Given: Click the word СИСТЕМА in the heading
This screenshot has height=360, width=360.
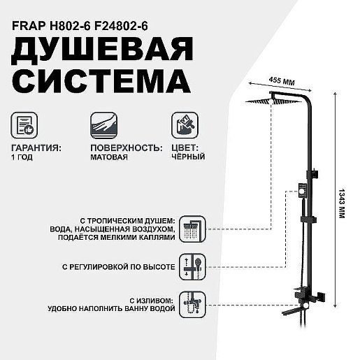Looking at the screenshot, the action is coord(101,81).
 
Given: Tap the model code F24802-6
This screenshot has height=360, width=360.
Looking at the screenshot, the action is coord(121,26).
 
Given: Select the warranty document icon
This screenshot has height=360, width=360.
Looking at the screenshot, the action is coord(24,125).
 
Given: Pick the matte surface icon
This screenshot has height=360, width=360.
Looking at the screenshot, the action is coord(104,125).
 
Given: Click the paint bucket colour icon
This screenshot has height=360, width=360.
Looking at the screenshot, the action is coord(185,125).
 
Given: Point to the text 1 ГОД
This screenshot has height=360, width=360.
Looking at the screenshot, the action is coord(22,157).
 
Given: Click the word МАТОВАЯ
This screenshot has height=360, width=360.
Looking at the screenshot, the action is coord(109,157).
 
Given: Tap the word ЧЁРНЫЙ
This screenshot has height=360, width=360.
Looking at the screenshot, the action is coord(188,157).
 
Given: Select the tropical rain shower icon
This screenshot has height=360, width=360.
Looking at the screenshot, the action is coord(192,229).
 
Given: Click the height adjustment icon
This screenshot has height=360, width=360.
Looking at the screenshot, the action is coord(192,267).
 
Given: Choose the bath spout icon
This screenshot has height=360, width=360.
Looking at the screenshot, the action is coord(192,305).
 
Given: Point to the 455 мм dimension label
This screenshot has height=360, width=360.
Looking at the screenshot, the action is coord(282,81).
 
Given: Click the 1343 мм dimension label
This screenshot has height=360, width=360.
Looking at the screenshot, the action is coord(342,203).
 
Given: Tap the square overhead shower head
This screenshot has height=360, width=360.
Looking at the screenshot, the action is coord(271,101).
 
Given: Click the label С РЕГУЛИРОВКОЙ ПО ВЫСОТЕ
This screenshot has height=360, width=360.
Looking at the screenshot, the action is coord(119,267).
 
